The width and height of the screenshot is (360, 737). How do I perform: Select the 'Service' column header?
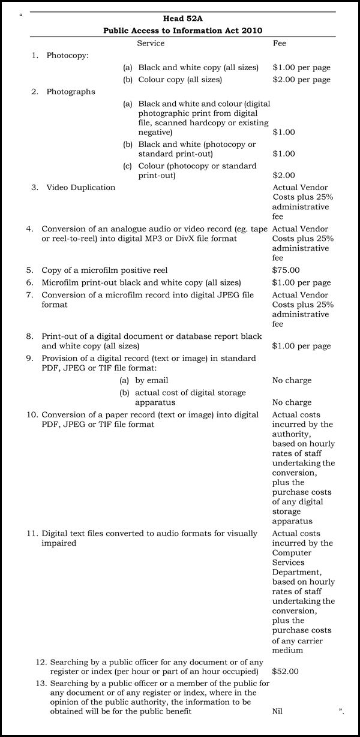click(x=151, y=43)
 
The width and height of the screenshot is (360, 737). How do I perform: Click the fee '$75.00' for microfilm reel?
click(x=286, y=270)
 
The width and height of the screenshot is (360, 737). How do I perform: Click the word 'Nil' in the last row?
click(x=277, y=711)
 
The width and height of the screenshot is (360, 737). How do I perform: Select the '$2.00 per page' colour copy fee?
click(x=301, y=80)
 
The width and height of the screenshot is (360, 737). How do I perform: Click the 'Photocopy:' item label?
click(x=68, y=56)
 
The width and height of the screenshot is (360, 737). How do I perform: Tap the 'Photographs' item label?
click(x=71, y=92)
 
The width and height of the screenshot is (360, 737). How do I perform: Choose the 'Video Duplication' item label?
click(x=81, y=188)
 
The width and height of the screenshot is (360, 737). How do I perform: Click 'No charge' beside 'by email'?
click(x=292, y=380)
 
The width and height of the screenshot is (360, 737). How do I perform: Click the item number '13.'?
click(x=41, y=683)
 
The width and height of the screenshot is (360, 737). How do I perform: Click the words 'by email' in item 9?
click(x=152, y=380)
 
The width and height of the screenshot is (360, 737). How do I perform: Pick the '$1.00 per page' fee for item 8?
click(x=301, y=346)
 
